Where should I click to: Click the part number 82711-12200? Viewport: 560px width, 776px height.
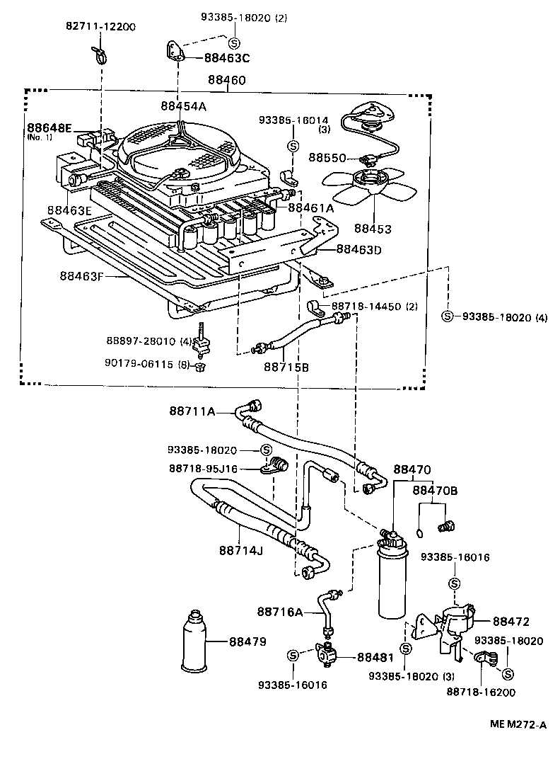98,27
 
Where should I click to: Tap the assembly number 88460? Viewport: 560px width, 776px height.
227,81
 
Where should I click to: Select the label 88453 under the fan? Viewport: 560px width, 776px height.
373,229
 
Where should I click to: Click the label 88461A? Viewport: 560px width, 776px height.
311,207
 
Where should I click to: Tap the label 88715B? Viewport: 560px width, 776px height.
286,367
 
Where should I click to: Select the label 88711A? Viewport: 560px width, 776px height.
192,411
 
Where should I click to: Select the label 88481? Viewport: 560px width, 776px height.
375,657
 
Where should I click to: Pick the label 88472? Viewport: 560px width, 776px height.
511,621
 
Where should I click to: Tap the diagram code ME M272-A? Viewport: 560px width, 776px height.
520,724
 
